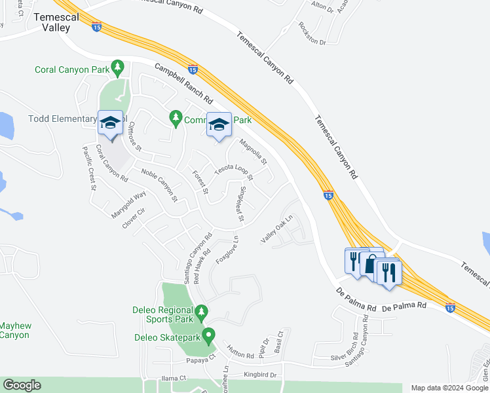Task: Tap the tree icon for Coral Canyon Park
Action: click(117, 67)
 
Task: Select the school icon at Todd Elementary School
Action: click(110, 123)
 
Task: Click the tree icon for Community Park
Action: click(175, 118)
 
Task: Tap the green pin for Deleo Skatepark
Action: click(208, 337)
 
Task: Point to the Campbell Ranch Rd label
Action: click(185, 83)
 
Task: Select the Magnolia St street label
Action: click(254, 152)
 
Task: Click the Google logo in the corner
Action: click(22, 385)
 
